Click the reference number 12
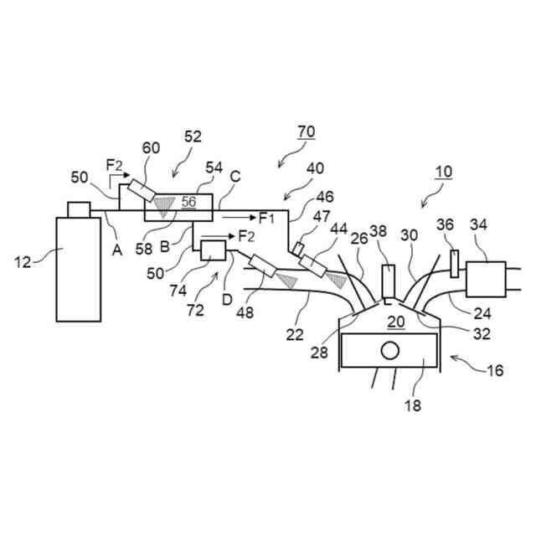tap(23, 262)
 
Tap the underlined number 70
tap(307, 131)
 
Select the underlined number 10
tap(444, 172)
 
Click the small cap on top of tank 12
tap(79, 208)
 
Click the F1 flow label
tap(266, 219)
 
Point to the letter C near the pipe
tap(235, 177)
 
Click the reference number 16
tap(495, 370)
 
